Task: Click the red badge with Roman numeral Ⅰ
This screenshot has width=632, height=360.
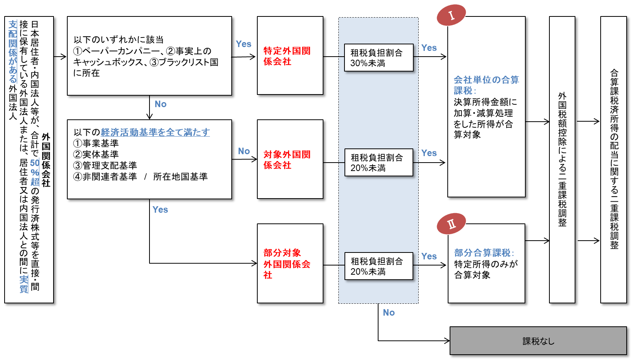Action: click(x=452, y=15)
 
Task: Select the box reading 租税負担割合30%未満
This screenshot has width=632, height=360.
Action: click(x=379, y=58)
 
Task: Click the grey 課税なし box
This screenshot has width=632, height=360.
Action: click(x=538, y=341)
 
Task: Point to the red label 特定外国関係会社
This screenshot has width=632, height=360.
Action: click(x=287, y=56)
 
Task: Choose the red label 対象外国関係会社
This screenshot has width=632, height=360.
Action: click(x=287, y=160)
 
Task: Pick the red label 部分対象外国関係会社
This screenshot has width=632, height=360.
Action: click(x=286, y=264)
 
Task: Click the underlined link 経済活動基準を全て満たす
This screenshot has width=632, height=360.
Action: click(x=155, y=132)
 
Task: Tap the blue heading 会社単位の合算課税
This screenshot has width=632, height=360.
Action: click(x=486, y=85)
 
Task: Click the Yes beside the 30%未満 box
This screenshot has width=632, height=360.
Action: click(x=429, y=48)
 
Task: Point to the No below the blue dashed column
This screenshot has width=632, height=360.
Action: click(x=389, y=313)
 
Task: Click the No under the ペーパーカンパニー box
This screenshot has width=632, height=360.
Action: click(x=161, y=104)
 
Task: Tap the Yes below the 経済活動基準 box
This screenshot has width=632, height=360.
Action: click(x=160, y=210)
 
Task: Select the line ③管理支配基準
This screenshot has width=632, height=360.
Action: click(x=105, y=166)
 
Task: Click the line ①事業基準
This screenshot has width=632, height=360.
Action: click(x=96, y=143)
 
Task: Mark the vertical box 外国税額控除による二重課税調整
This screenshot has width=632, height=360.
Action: click(x=562, y=160)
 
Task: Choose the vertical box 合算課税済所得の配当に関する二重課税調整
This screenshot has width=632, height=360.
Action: click(x=614, y=160)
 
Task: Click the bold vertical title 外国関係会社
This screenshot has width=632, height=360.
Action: click(x=46, y=160)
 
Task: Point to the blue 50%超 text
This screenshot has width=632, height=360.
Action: click(x=35, y=172)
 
